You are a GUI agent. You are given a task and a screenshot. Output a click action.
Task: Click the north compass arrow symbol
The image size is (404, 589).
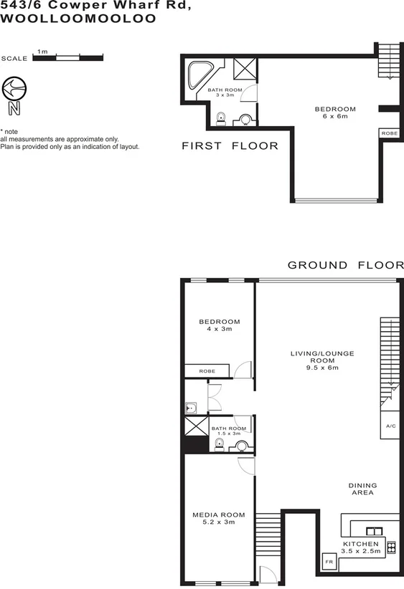click(14, 90)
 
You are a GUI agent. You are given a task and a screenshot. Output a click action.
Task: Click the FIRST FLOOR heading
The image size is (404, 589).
click(230, 146)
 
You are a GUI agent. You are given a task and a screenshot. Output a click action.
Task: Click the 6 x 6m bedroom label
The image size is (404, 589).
click(335, 113)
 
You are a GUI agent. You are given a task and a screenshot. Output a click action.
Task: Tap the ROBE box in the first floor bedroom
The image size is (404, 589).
click(388, 133)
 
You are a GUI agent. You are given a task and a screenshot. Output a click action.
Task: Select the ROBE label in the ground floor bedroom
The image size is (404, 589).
click(207, 371)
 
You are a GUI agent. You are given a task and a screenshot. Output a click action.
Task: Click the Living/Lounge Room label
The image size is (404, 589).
click(322, 360)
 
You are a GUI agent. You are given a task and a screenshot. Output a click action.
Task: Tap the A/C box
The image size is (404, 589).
click(390, 426)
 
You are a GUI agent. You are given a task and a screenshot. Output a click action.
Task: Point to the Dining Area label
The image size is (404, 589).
click(363, 489)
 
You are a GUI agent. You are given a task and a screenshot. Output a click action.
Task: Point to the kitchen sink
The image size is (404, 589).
click(374, 531)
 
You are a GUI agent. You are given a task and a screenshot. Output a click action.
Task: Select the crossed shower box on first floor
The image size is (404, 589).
click(245, 70)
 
